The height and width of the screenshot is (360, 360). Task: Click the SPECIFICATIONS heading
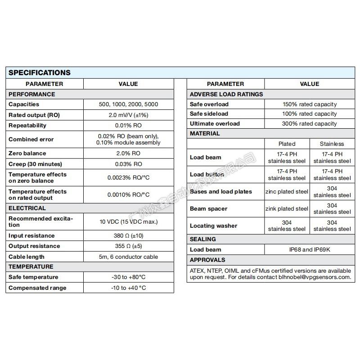(40, 72)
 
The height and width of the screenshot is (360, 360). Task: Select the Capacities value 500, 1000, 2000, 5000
(128, 104)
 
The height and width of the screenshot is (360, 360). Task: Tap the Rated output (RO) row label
(34, 115)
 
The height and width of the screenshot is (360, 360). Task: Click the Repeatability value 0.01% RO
(128, 125)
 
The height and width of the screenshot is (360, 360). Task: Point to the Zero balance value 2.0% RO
(128, 153)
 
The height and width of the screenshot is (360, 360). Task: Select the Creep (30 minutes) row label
(36, 164)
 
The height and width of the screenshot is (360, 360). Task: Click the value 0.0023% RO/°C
(128, 177)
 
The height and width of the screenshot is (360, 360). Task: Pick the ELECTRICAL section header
(27, 208)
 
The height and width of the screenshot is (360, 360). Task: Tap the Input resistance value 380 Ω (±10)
(128, 236)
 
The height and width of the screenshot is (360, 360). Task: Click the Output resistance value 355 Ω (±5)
(128, 246)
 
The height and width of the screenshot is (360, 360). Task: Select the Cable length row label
(27, 256)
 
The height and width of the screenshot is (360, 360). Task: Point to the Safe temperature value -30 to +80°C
(128, 277)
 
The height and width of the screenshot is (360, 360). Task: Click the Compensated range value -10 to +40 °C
(128, 288)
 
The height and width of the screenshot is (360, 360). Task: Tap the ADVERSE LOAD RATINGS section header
(226, 94)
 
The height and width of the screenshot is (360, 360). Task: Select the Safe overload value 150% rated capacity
(310, 104)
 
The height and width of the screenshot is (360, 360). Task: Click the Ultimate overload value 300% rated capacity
(310, 124)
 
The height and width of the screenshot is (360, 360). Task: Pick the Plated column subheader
(287, 144)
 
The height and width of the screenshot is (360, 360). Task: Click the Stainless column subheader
(332, 144)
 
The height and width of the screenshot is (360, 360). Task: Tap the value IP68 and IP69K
(310, 249)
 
